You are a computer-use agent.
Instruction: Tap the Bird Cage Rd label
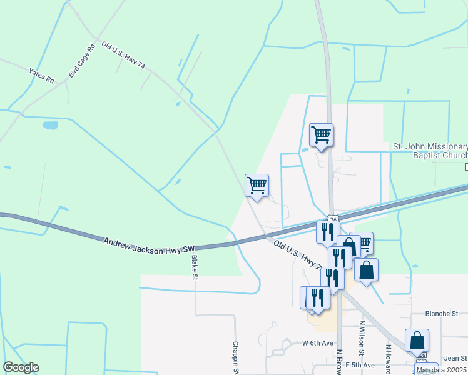point(82,59)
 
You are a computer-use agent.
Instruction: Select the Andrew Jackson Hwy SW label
point(150,244)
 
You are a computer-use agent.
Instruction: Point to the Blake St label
point(195,267)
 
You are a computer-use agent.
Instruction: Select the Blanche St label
point(442,314)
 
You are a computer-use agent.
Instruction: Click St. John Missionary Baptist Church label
point(430,151)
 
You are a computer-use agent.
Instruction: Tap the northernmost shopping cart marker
point(321,134)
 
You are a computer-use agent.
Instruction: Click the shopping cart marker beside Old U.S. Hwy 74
point(257,185)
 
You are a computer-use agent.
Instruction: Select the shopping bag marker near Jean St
point(417,341)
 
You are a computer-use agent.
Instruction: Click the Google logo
point(21,367)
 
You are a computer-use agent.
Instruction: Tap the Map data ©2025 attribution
point(441,370)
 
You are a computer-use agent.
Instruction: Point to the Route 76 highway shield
point(333,219)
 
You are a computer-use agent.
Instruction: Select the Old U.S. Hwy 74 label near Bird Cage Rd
point(125,56)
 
